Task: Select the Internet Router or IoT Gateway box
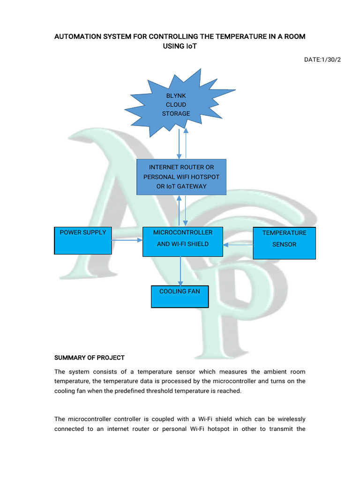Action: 181,177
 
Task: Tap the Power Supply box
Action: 83,240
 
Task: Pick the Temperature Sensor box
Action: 284,243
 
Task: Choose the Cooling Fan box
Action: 180,296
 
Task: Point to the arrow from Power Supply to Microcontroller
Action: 127,240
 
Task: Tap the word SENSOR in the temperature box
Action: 285,244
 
